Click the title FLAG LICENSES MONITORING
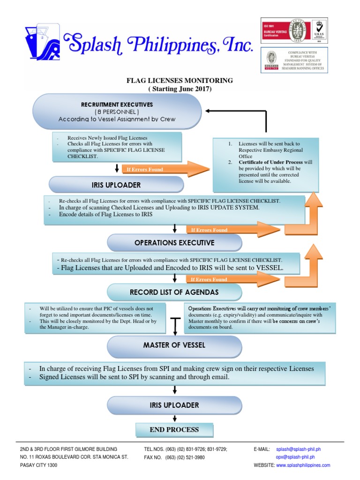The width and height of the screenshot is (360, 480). [x=180, y=81]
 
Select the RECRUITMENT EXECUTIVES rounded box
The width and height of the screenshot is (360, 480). [x=117, y=112]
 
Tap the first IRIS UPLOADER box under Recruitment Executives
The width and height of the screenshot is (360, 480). [x=116, y=185]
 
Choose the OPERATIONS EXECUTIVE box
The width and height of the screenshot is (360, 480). [x=174, y=243]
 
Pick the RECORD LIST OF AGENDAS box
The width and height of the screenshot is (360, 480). [x=174, y=292]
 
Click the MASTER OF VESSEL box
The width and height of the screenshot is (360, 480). [x=174, y=345]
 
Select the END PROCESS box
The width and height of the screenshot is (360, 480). [x=174, y=429]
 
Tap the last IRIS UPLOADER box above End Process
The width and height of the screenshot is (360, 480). [x=174, y=405]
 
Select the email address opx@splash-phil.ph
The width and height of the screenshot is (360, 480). [x=295, y=457]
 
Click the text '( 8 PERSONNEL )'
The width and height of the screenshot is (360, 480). [x=117, y=112]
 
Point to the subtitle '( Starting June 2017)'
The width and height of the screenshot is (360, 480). [x=180, y=89]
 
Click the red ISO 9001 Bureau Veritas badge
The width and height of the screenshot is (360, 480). [x=273, y=31]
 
